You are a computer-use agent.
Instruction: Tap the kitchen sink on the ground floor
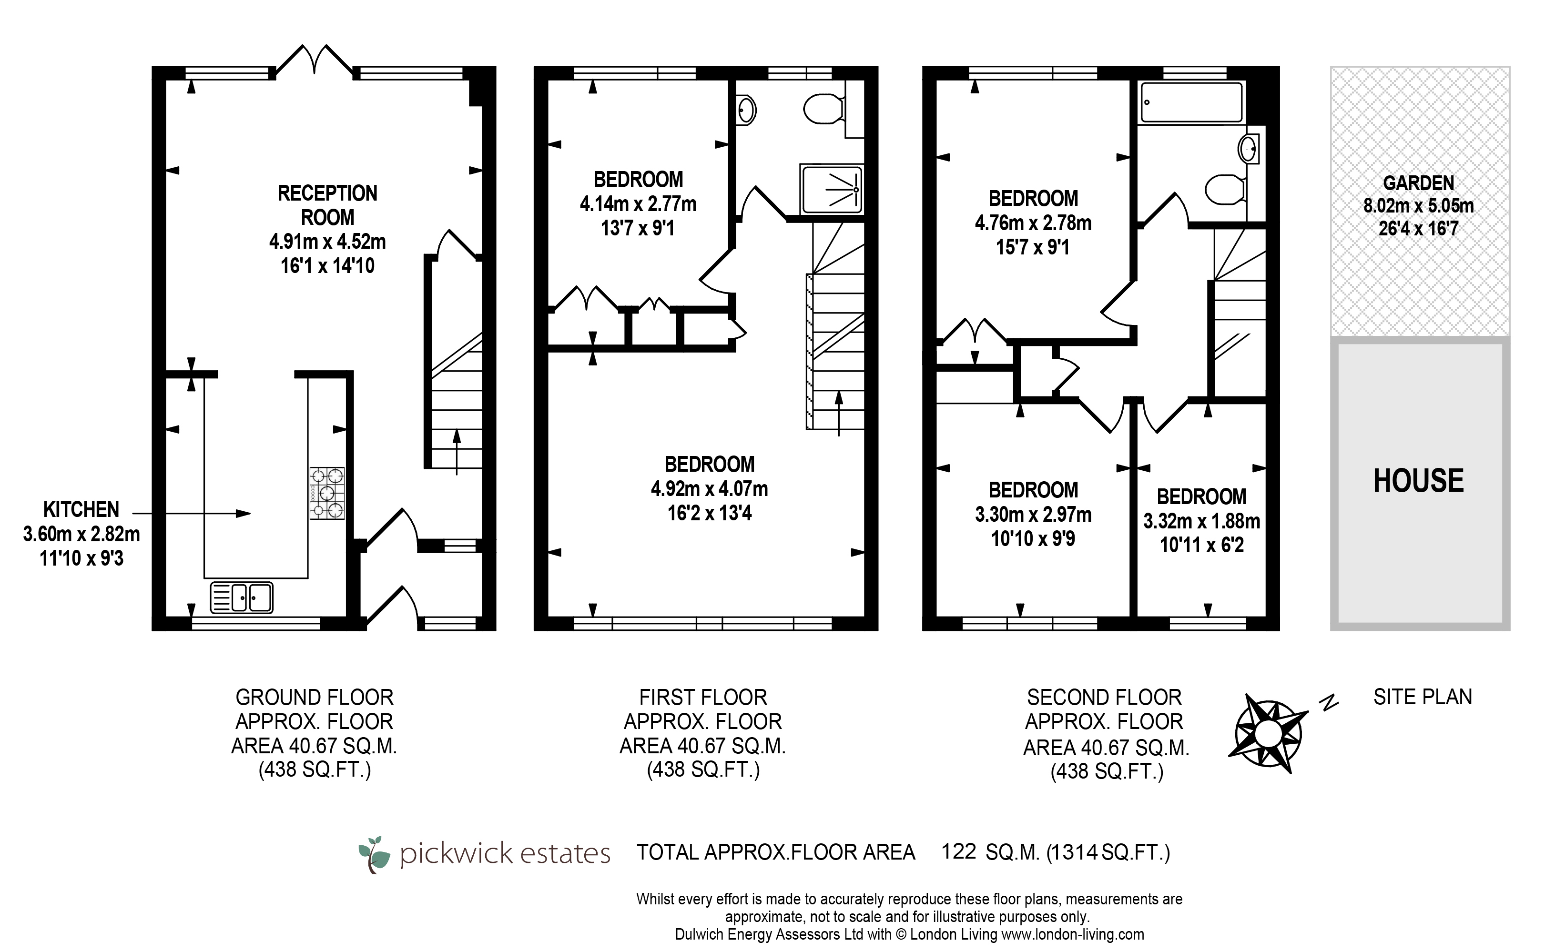pyautogui.click(x=242, y=597)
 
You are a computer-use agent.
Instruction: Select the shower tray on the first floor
pyautogui.click(x=831, y=189)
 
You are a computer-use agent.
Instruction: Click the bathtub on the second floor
pyautogui.click(x=1192, y=102)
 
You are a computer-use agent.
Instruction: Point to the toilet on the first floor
pyautogui.click(x=825, y=110)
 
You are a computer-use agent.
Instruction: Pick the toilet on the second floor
pyautogui.click(x=1225, y=189)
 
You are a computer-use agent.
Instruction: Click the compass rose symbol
pyautogui.click(x=1268, y=733)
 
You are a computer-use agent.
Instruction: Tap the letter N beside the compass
pyautogui.click(x=1329, y=702)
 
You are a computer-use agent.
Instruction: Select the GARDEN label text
pyautogui.click(x=1418, y=183)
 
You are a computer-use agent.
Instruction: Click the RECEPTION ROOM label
pyautogui.click(x=327, y=205)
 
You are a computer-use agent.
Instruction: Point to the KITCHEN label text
pyautogui.click(x=81, y=509)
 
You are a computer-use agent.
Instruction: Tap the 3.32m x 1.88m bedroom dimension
pyautogui.click(x=1202, y=521)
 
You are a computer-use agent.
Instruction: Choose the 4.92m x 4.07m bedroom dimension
pyautogui.click(x=710, y=488)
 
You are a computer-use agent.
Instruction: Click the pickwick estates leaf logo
pyautogui.click(x=375, y=854)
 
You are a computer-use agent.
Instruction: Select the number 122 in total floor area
pyautogui.click(x=958, y=851)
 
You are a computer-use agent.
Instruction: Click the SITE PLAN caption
pyautogui.click(x=1423, y=697)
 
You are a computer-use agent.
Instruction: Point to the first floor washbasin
pyautogui.click(x=746, y=111)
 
